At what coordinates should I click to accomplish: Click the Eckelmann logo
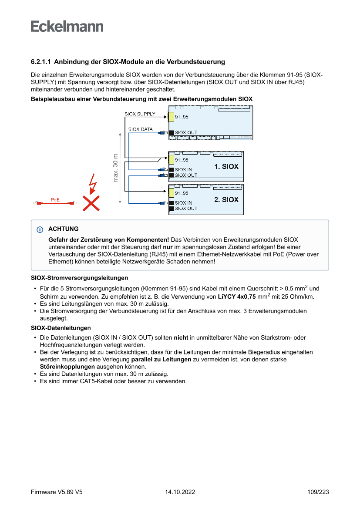coord(67,26)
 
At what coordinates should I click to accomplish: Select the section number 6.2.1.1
coord(40,62)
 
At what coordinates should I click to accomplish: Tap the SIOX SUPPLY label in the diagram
coord(140,114)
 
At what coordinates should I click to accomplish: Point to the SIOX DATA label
coord(141,129)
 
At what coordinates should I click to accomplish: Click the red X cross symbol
coord(91,203)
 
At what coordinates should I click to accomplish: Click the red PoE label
coord(55,199)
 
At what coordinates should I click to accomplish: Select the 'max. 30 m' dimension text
coord(115,168)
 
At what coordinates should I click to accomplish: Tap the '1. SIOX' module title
coord(226,166)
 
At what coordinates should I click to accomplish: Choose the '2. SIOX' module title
coord(226,199)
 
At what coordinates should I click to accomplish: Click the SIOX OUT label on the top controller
coord(186,132)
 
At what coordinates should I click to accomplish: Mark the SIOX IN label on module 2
coord(183,203)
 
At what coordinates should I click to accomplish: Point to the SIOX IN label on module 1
coord(183,170)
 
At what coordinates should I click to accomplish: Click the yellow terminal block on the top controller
coord(171,117)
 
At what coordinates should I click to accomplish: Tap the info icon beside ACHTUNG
coord(40,229)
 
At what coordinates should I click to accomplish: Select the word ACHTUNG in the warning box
coord(64,229)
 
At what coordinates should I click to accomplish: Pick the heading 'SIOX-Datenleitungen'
coord(61,327)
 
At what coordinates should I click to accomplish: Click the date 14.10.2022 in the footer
coord(180,492)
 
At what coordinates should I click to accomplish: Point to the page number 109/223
coord(318,492)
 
